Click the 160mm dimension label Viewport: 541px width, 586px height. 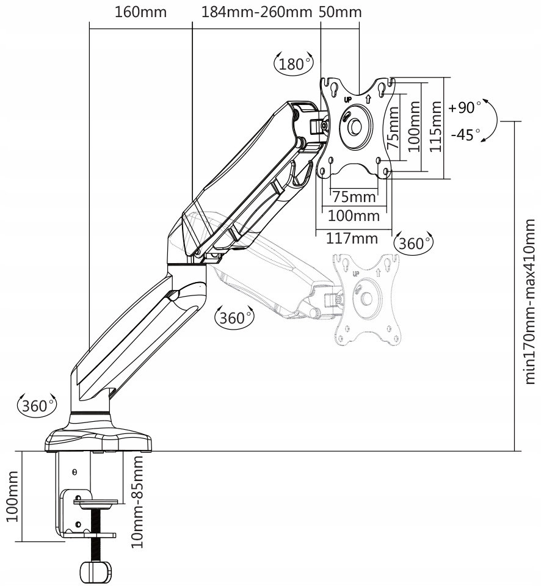(140, 12)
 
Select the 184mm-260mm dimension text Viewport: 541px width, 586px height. (256, 12)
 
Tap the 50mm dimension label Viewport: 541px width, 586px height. (340, 12)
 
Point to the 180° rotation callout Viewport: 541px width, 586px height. (294, 63)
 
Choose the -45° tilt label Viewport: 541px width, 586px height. (465, 134)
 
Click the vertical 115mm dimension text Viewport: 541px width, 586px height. (436, 128)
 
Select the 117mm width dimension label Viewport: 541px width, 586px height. (352, 238)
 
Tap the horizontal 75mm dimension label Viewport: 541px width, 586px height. (354, 197)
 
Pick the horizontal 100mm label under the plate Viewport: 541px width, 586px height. (354, 215)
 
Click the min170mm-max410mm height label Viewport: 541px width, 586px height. (531, 302)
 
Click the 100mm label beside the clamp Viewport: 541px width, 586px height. (12, 496)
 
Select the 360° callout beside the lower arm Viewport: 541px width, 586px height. (234, 317)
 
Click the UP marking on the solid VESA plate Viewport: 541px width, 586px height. (347, 99)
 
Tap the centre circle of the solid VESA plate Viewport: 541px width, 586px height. (355, 126)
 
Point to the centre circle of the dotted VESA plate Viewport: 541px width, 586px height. (367, 298)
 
